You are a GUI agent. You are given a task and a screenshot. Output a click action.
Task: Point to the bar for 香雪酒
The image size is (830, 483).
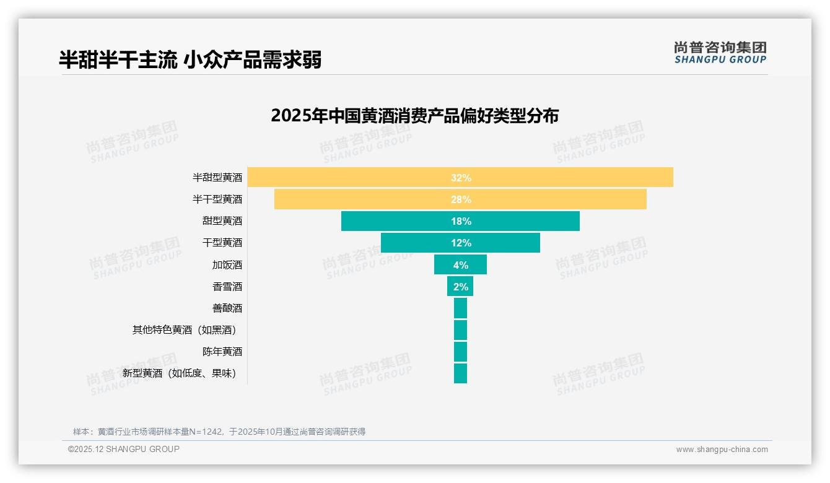point(452,286)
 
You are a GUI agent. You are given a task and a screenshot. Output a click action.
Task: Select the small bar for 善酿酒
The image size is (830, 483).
point(460,308)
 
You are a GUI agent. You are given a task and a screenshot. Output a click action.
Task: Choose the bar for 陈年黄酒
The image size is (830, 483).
point(460,352)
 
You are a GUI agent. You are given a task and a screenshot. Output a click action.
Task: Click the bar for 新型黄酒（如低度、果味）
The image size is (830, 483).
point(460,373)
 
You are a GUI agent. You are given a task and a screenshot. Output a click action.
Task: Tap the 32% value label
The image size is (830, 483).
point(461,178)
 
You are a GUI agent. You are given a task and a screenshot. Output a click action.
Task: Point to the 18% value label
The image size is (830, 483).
point(461,221)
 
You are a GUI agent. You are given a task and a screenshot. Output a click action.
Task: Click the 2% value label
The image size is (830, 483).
point(461,286)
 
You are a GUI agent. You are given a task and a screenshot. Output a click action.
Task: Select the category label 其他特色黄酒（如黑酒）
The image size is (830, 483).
point(184,330)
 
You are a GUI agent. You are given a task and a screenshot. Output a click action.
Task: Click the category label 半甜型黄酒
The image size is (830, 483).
point(217,178)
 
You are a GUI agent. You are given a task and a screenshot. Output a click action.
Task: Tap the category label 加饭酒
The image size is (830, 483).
point(227,265)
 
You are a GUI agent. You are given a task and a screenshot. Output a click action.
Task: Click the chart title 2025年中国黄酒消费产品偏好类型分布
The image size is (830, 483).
point(414,116)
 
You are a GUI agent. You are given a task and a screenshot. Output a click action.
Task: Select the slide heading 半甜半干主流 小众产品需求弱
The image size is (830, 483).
point(190,60)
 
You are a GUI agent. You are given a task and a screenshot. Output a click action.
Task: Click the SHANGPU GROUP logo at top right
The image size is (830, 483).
point(720,53)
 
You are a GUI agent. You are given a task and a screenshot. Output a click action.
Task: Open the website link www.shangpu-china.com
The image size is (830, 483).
point(722,450)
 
